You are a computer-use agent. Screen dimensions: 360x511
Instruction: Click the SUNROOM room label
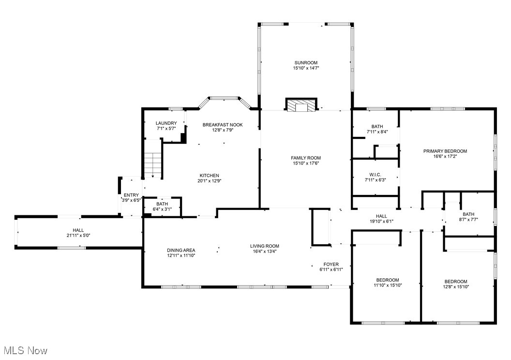tap(306, 63)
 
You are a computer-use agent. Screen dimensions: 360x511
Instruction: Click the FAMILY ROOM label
tap(306, 158)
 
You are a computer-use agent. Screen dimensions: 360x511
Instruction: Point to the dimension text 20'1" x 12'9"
tap(210, 181)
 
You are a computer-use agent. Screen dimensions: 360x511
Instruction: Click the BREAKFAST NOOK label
tap(223, 125)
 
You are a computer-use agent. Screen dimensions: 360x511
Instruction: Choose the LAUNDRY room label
tap(166, 123)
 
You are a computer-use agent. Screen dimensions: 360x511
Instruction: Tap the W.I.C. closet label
tap(375, 174)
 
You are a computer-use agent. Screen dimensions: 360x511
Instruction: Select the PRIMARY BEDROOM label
tap(445, 151)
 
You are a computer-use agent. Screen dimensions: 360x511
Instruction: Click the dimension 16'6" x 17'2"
tap(445, 157)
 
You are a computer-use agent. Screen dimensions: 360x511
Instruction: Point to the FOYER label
tap(331, 264)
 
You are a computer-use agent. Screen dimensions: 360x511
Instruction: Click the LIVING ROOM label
tap(264, 246)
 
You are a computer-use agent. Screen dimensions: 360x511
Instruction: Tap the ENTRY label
tap(131, 195)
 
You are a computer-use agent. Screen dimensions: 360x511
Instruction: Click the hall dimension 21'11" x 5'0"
tap(78, 236)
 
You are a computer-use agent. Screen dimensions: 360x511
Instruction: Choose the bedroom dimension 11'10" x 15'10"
tap(388, 285)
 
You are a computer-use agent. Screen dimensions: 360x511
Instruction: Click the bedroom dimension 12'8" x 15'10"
tap(456, 287)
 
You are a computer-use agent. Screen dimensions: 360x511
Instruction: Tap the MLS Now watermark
tap(25, 350)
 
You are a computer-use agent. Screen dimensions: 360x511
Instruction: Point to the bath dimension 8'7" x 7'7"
tap(468, 220)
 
